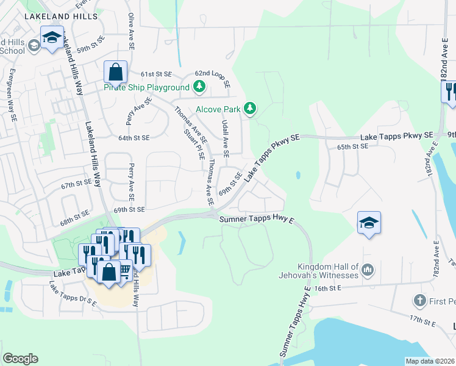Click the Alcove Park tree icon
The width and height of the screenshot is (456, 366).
coord(249,109)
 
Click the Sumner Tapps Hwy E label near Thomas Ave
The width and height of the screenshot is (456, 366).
coord(257,218)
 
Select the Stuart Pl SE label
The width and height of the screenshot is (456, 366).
coord(193,144)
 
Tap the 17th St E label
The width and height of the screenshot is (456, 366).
coord(424,319)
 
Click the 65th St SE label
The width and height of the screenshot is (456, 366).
coord(353,146)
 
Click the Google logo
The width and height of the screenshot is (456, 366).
coord(20,358)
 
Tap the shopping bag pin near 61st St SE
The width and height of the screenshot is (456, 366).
coord(115,72)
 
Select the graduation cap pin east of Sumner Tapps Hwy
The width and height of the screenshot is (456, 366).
coord(369,223)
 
